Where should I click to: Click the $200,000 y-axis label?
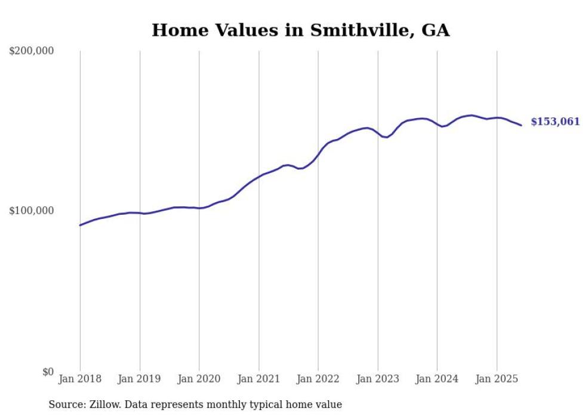click(x=32, y=51)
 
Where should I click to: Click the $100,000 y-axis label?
click(x=32, y=211)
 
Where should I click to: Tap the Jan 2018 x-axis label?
click(x=80, y=379)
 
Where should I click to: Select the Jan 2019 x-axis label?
click(x=140, y=379)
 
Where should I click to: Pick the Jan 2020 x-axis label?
click(x=199, y=379)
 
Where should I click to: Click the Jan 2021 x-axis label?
click(x=258, y=379)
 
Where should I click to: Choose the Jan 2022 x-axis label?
click(x=318, y=379)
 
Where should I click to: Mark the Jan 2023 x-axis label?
click(x=377, y=379)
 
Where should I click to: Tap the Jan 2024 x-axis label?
click(x=437, y=379)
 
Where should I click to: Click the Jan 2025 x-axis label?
click(x=497, y=379)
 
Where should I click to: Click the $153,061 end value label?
click(x=555, y=122)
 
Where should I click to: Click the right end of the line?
click(x=521, y=125)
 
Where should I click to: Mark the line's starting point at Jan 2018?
click(x=80, y=225)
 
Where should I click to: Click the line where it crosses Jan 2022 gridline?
click(x=318, y=155)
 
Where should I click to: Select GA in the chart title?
click(x=435, y=30)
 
